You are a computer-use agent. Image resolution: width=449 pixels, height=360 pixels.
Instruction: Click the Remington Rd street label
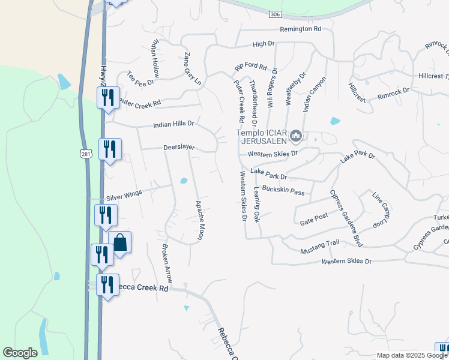click(301, 29)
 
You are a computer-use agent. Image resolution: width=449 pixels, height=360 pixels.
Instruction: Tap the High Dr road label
click(263, 44)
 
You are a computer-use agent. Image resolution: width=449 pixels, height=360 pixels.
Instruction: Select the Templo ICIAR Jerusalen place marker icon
click(295, 137)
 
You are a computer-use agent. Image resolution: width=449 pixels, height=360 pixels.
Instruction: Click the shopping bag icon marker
click(120, 242)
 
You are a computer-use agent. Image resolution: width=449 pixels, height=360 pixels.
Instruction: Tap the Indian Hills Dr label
click(174, 124)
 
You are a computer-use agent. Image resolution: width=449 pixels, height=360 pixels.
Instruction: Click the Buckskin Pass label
click(283, 191)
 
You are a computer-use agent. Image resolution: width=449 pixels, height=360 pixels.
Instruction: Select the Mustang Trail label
click(320, 244)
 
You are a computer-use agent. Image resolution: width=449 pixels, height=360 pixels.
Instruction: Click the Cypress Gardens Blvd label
click(346, 218)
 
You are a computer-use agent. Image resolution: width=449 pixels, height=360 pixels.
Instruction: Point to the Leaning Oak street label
click(256, 205)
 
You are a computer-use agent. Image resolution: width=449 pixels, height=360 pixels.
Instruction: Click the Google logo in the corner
click(20, 353)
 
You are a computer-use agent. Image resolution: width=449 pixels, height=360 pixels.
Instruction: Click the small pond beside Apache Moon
click(184, 181)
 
